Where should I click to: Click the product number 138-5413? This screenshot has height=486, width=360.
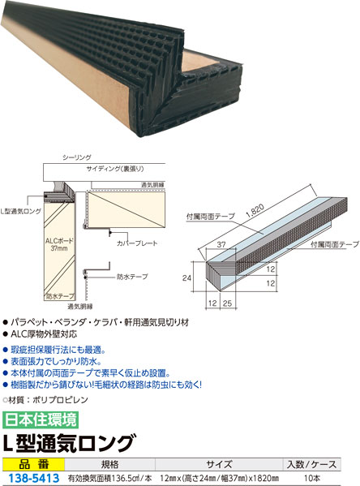click(x=33, y=479)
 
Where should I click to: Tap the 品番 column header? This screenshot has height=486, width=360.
click(x=34, y=464)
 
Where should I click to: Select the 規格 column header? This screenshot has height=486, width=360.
click(x=109, y=464)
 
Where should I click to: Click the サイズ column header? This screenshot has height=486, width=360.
click(x=219, y=464)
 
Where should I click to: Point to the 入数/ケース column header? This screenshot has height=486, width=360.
click(x=311, y=464)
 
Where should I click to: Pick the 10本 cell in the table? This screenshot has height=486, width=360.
click(x=311, y=478)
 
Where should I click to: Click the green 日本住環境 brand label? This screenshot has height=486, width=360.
click(x=41, y=419)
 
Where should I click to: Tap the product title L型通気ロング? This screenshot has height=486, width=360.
click(x=70, y=443)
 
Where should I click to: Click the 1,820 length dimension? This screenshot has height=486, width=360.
click(x=255, y=212)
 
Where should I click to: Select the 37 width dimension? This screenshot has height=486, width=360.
click(x=221, y=244)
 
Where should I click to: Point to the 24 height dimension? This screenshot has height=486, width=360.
click(x=186, y=278)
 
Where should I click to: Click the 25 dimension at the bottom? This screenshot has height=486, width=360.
click(x=227, y=303)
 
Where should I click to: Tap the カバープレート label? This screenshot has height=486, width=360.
click(x=137, y=243)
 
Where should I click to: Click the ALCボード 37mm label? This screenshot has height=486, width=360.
click(x=59, y=244)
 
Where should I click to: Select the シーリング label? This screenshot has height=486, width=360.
click(x=77, y=157)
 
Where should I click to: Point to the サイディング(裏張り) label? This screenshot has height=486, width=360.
click(x=115, y=169)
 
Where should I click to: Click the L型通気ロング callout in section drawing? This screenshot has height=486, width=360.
click(x=21, y=212)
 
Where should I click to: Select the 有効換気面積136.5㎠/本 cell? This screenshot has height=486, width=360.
click(x=109, y=478)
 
